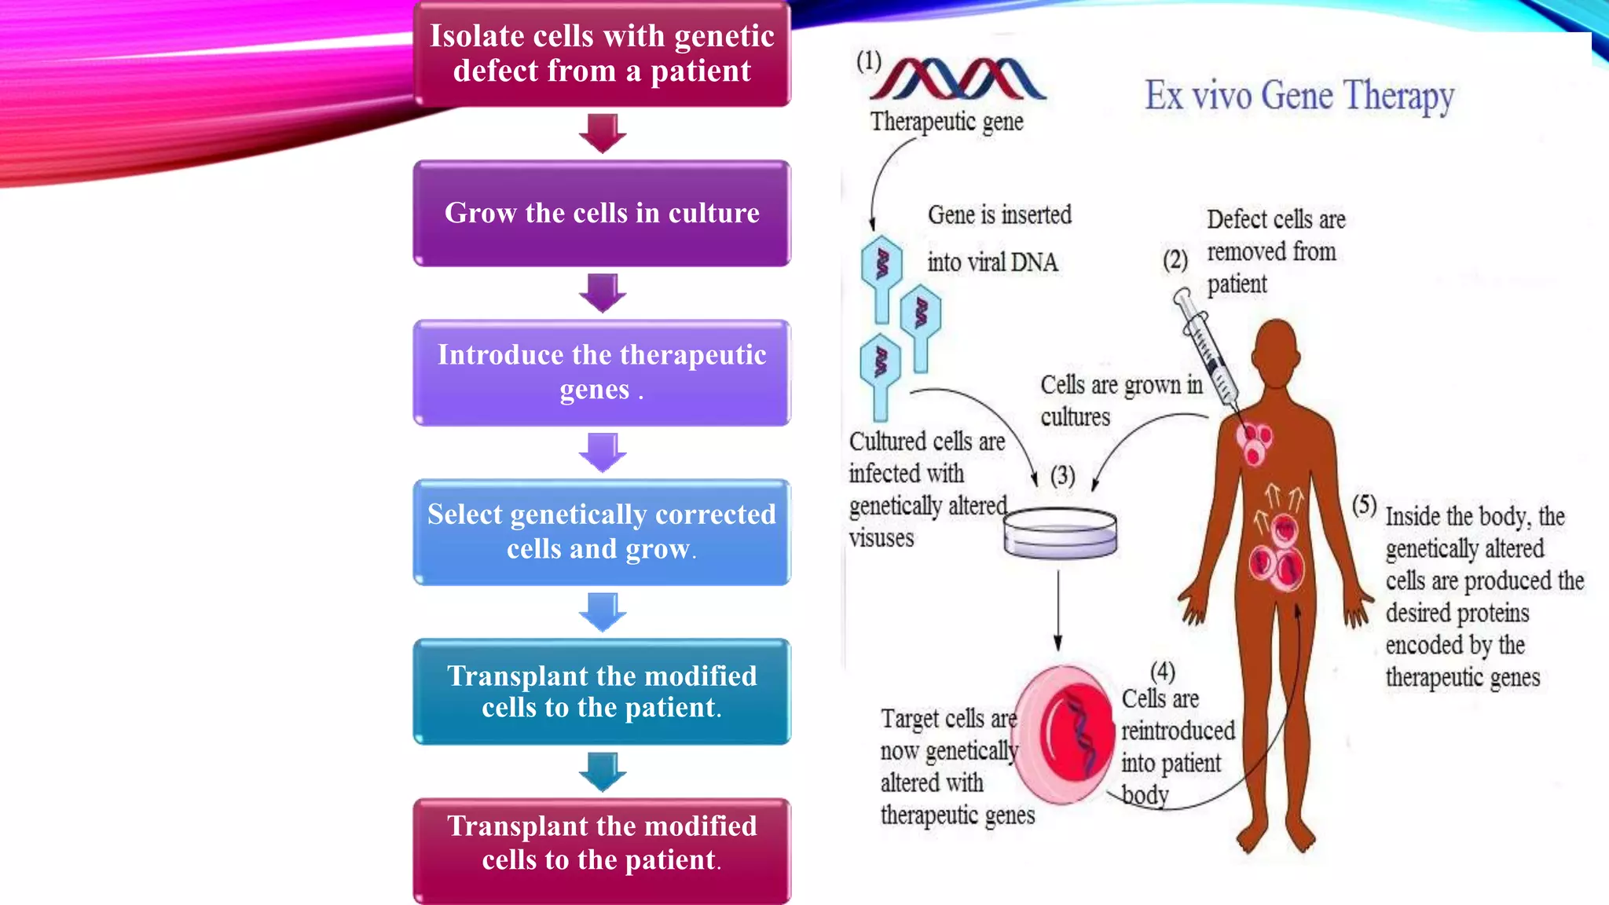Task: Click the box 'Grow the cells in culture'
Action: [602, 214]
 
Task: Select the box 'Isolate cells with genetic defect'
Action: [602, 53]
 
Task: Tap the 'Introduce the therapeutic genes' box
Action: [602, 372]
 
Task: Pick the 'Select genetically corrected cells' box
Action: [602, 532]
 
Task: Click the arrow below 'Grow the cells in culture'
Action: [602, 292]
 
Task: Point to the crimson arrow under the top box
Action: [602, 133]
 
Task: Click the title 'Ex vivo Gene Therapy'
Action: [1299, 96]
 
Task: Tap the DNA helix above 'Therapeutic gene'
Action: [958, 79]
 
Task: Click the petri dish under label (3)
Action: [1060, 532]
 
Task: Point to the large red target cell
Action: [1065, 735]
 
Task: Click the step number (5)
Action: [1364, 505]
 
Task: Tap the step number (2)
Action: [1175, 259]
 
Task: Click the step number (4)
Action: [1162, 672]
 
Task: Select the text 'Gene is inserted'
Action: [999, 214]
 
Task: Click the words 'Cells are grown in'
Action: [1121, 385]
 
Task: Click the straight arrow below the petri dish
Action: [1058, 609]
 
